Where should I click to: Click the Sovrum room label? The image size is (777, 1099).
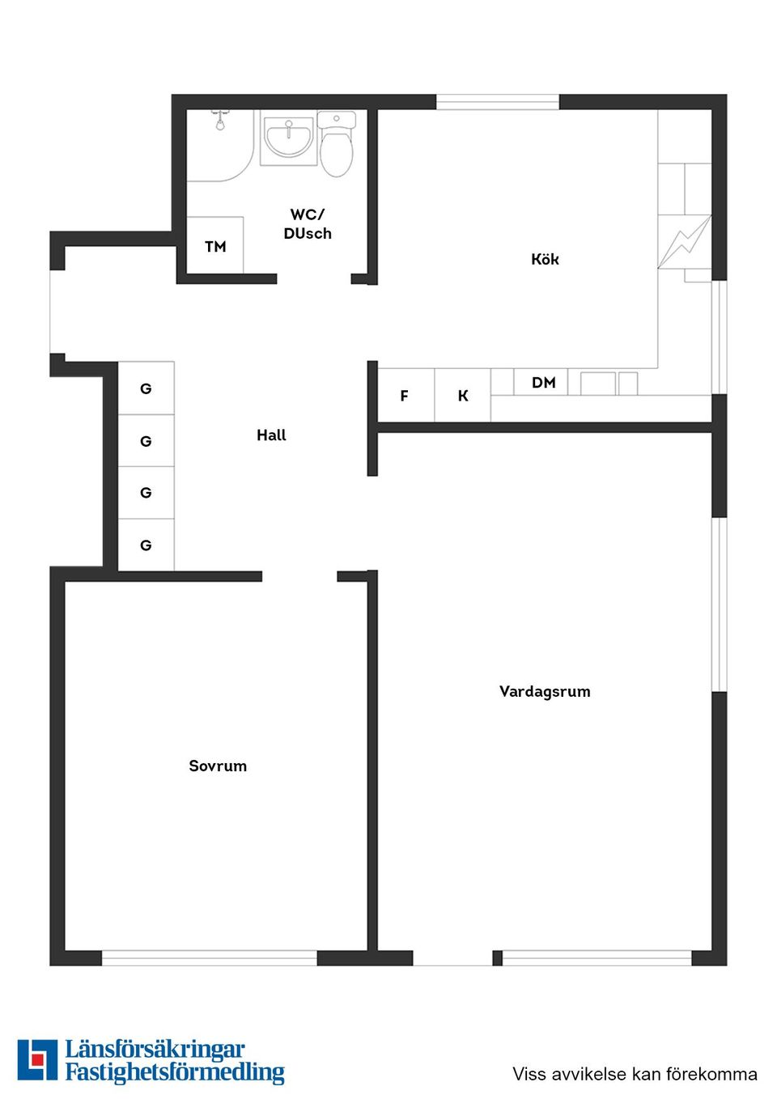coord(218,766)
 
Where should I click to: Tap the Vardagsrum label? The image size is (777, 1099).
coord(545,691)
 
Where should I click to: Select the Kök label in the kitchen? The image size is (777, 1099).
coord(545,259)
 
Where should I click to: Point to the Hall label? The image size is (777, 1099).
coord(271,435)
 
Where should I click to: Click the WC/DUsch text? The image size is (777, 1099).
coord(308,224)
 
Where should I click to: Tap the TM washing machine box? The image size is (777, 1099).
coord(215,246)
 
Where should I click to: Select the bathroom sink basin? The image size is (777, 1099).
coord(288,138)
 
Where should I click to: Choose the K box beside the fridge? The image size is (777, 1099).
coord(463,396)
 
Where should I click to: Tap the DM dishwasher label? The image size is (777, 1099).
coord(544,382)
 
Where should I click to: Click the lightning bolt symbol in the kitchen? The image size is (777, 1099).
coord(685,241)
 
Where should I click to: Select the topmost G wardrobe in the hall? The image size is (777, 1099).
coord(146,388)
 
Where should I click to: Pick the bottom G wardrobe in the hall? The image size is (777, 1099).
coord(146,545)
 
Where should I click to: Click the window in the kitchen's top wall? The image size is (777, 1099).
coord(498,102)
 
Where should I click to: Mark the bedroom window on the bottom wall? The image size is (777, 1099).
coord(209,958)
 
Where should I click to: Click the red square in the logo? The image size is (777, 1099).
coord(37,1059)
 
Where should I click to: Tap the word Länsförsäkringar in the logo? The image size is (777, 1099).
coord(155,1050)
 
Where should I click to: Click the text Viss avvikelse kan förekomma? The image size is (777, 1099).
coord(635,1074)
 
